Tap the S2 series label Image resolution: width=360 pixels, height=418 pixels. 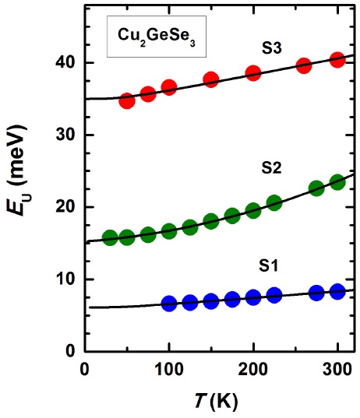272,167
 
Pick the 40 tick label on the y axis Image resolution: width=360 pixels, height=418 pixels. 65,63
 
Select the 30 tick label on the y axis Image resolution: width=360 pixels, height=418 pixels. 65,135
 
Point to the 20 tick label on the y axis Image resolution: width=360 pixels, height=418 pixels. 65,207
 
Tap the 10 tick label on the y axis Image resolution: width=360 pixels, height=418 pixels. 65,279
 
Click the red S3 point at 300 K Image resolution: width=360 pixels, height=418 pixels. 337,60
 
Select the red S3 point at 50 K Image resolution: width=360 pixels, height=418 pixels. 127,101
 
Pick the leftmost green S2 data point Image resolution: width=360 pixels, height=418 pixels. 110,237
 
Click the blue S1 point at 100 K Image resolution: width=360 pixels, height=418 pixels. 169,304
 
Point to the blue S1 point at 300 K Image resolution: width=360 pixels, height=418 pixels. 337,291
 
